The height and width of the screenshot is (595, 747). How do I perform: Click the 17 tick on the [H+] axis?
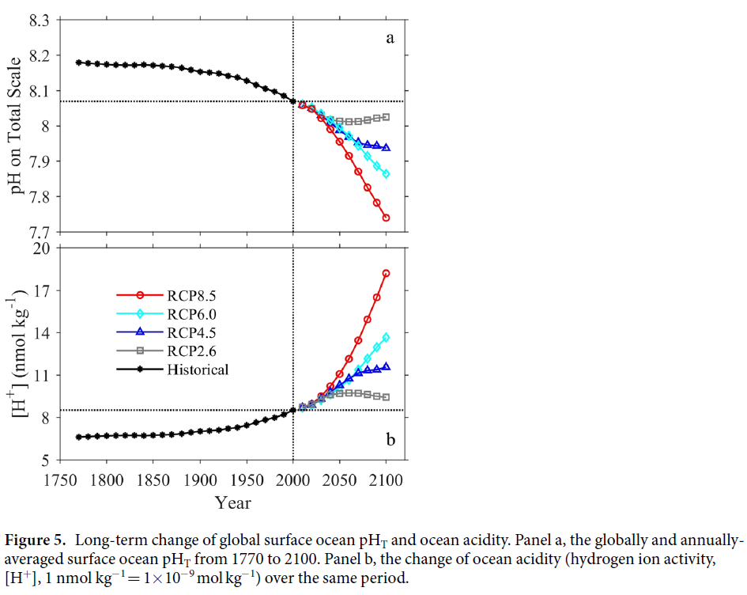pos(40,290)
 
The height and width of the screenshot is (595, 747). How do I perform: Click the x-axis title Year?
pos(232,502)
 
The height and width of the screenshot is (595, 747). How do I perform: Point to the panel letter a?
pos(389,37)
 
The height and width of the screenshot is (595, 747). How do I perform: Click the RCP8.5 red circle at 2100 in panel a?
pos(387,218)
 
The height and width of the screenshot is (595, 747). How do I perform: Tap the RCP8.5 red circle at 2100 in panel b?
pos(387,274)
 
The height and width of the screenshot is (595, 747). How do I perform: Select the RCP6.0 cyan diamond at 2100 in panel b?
pos(387,338)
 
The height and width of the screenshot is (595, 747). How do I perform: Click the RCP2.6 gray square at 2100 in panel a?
pos(387,117)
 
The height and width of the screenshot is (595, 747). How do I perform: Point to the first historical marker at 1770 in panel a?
pos(77,62)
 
